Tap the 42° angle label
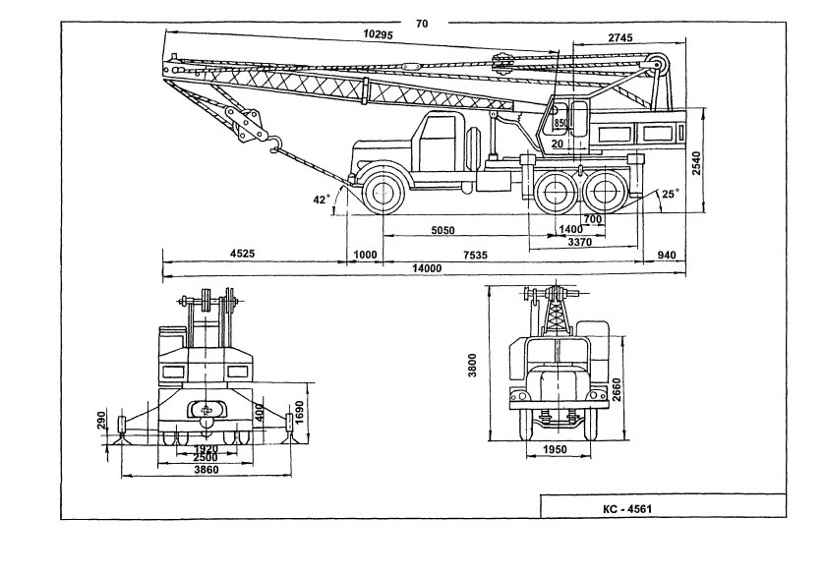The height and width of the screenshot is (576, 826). pyautogui.click(x=321, y=200)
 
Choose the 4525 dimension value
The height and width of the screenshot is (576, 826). pyautogui.click(x=243, y=254)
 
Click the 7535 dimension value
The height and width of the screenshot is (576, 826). pyautogui.click(x=475, y=254)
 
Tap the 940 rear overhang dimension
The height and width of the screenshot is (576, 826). pyautogui.click(x=670, y=254)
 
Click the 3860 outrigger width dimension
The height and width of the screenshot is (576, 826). pyautogui.click(x=206, y=471)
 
